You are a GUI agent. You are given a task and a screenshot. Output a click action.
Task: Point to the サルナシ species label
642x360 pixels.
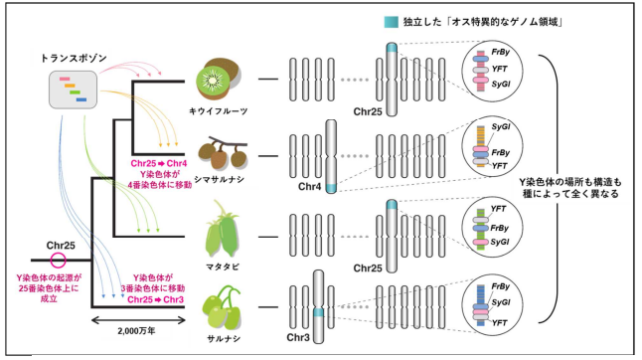pos(222,339)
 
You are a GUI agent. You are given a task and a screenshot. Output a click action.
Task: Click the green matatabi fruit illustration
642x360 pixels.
pos(224,231)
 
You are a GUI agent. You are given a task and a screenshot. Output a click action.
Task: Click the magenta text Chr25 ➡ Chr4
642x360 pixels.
pos(159,161)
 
